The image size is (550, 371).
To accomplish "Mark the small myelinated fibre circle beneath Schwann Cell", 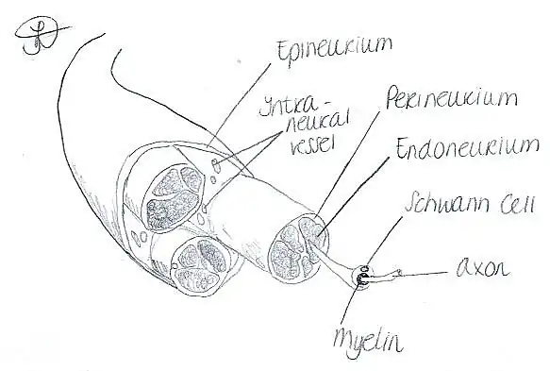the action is point(360,278).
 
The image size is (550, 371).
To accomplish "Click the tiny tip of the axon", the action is point(402,274).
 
